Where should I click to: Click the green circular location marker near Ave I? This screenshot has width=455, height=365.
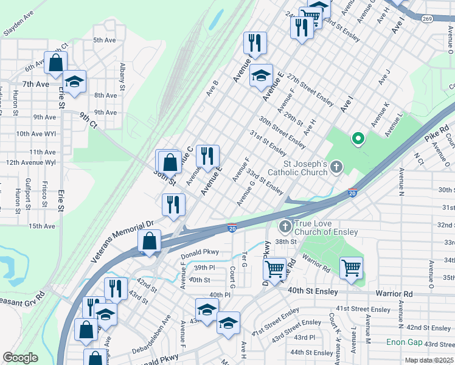pos(358,139)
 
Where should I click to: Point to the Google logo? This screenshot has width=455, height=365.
pos(20,357)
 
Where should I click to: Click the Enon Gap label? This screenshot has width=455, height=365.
pos(403,342)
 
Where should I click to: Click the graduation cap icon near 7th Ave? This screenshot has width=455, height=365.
pos(75,82)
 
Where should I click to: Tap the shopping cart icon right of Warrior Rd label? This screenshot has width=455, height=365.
pos(351,268)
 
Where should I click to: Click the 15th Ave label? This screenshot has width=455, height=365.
pos(42,226)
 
